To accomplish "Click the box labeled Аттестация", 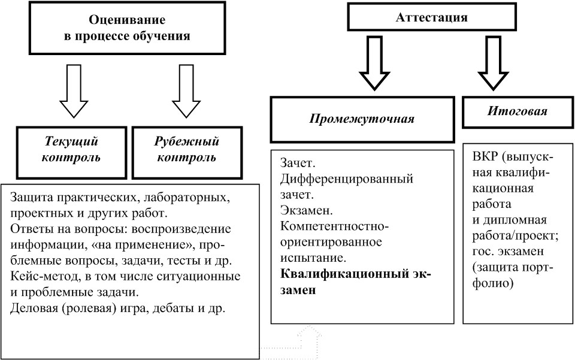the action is click(432, 17).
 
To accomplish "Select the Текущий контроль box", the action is click(71, 153).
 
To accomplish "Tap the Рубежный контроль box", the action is click(187, 153).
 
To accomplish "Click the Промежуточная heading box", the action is click(362, 120).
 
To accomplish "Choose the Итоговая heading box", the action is click(517, 112).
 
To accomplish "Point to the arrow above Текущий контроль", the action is click(74, 91).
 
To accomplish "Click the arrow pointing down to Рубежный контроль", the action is click(186, 91).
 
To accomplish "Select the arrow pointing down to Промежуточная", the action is click(374, 63).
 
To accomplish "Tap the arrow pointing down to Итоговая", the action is click(493, 63).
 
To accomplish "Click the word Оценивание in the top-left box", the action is click(127, 19).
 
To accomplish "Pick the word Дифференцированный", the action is click(347, 179).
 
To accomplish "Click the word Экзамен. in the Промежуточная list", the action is click(307, 210).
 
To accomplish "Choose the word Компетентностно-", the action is click(334, 226).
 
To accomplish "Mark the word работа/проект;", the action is click(516, 236).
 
